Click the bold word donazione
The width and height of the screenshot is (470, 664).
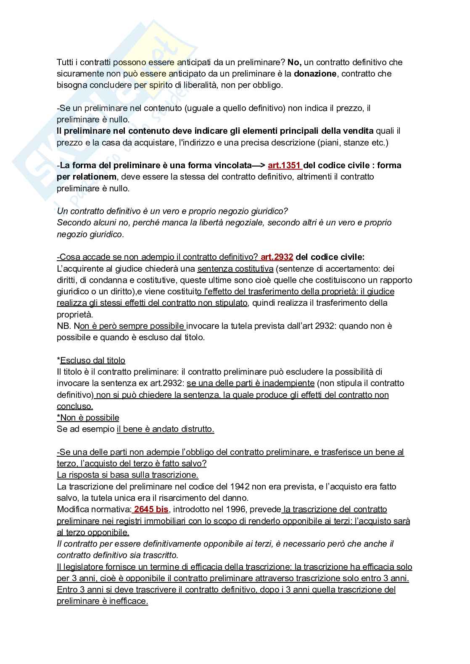315,74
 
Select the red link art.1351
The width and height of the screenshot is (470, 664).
284,165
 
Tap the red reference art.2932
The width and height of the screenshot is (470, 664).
277,257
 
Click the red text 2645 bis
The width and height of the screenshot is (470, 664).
151,509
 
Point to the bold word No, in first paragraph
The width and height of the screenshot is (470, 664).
294,62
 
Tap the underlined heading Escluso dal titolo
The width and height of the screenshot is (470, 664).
92,360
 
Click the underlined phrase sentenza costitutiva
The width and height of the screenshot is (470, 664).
235,269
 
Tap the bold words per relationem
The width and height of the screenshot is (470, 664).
87,177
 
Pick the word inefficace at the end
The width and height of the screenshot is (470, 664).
128,601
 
